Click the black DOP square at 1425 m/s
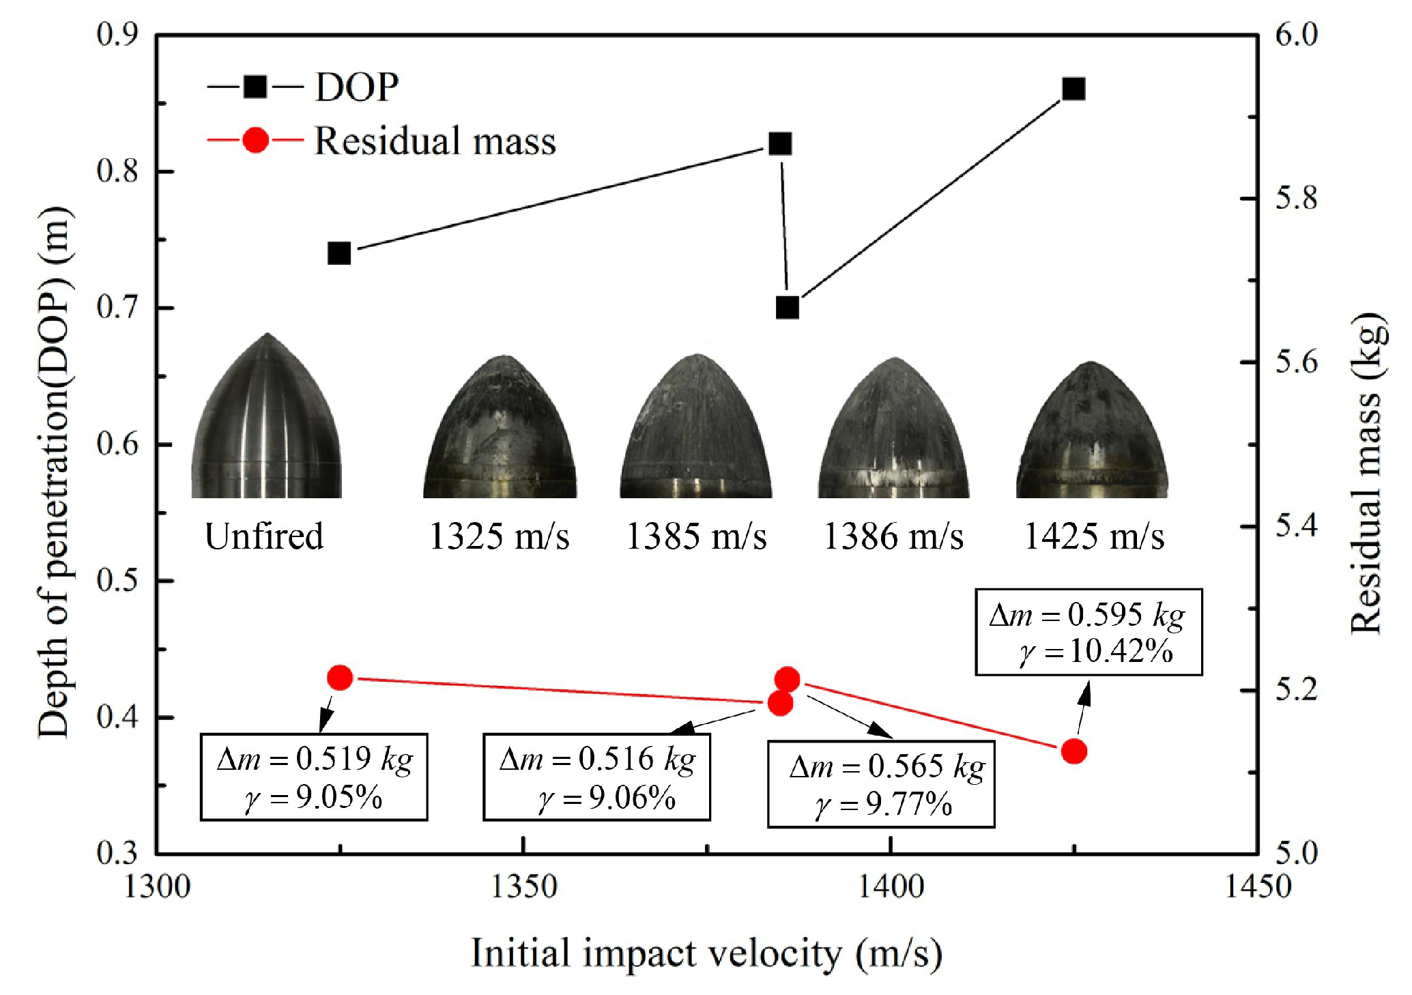[x=1074, y=89]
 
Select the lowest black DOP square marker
[x=788, y=308]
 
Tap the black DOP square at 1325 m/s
[x=339, y=253]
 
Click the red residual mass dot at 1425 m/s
[x=1074, y=751]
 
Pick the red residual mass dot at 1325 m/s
[x=339, y=678]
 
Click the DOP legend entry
[x=304, y=87]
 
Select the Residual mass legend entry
[x=382, y=141]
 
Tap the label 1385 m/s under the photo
[x=696, y=536]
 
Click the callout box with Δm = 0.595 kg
[x=1088, y=632]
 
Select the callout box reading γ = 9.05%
[x=313, y=777]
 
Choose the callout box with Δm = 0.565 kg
[x=880, y=784]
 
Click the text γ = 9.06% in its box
[x=607, y=798]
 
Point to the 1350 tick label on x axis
[x=523, y=886]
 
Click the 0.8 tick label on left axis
[x=117, y=171]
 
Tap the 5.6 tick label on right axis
[x=1296, y=362]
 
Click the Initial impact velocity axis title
[x=706, y=953]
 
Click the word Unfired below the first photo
[x=264, y=536]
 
